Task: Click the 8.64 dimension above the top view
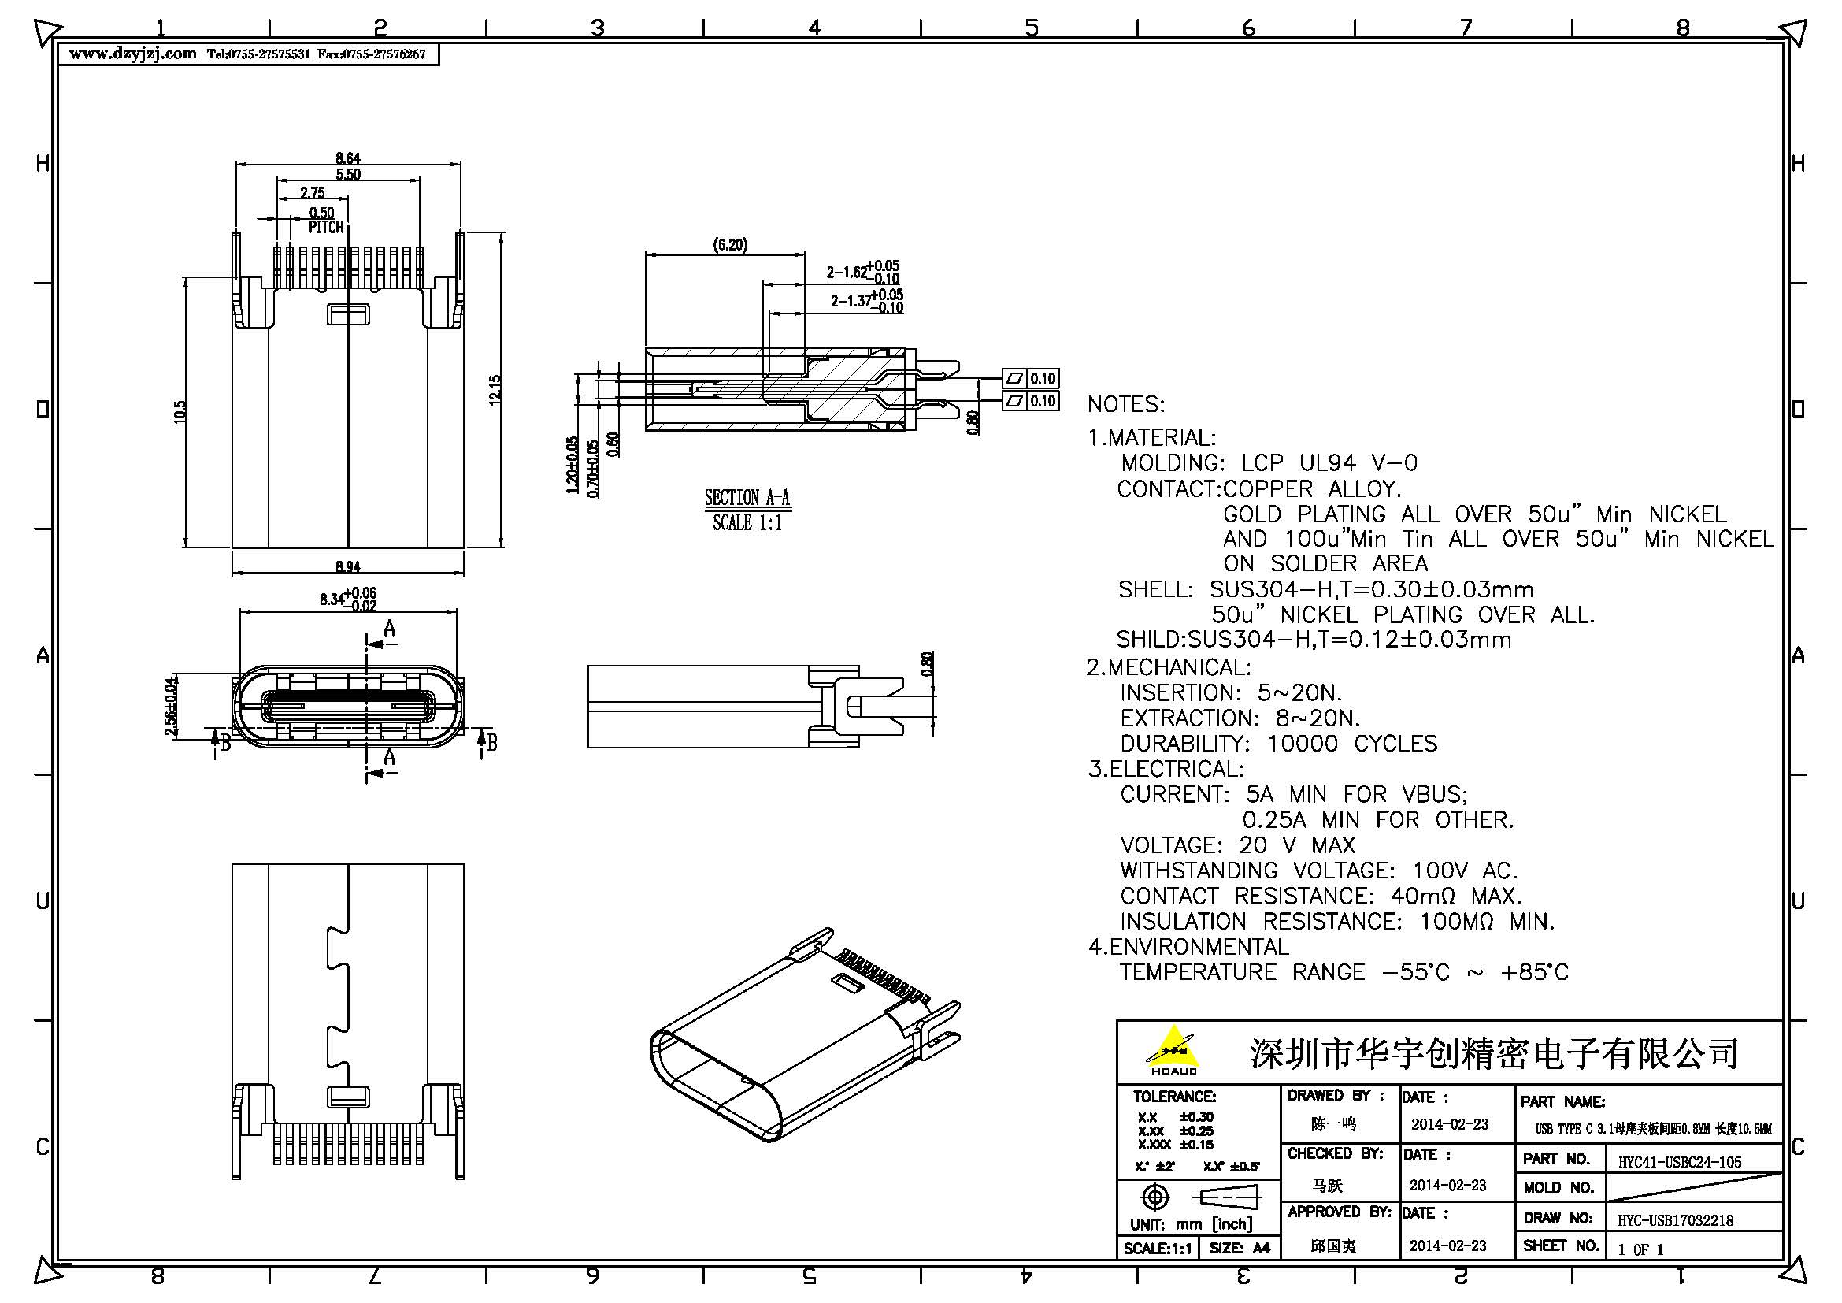point(347,158)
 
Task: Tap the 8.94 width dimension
point(347,566)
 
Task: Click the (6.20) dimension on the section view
point(730,245)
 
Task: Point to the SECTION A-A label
point(747,497)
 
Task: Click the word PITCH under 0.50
point(326,228)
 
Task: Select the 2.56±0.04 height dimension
point(170,706)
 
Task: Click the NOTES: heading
point(1125,404)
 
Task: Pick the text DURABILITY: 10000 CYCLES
point(1279,744)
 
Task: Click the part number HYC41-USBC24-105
point(1679,1161)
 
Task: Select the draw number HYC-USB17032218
point(1675,1220)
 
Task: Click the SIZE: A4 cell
point(1240,1248)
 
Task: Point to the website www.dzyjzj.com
point(133,54)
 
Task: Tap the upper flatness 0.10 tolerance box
point(1031,378)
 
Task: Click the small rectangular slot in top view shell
point(347,314)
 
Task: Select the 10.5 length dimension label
point(180,411)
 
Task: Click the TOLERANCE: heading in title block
point(1173,1096)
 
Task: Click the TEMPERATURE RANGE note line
point(1344,972)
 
